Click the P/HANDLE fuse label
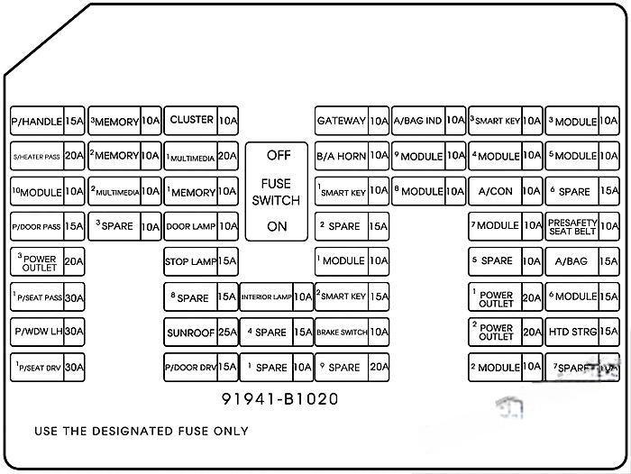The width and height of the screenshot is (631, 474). pyautogui.click(x=37, y=122)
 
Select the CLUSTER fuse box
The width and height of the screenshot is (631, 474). pyautogui.click(x=191, y=120)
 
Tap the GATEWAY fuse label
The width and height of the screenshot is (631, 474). pyautogui.click(x=341, y=121)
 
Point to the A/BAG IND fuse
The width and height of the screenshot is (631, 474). pyautogui.click(x=417, y=121)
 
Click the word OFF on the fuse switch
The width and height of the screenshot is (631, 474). pyautogui.click(x=278, y=155)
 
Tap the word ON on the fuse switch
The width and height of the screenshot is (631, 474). pyautogui.click(x=278, y=226)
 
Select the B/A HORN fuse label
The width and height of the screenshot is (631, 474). pyautogui.click(x=341, y=156)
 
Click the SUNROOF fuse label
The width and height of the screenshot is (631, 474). pyautogui.click(x=190, y=333)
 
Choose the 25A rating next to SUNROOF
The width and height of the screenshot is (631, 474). pyautogui.click(x=227, y=333)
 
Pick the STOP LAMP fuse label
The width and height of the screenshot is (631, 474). pyautogui.click(x=190, y=262)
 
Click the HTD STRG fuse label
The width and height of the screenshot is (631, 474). pyautogui.click(x=572, y=333)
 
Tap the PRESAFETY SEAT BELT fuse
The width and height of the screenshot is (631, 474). pyautogui.click(x=572, y=226)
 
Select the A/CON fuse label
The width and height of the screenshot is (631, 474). pyautogui.click(x=495, y=192)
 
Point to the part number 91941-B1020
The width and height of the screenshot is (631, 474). pyautogui.click(x=280, y=398)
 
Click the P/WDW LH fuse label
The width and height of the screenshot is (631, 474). pyautogui.click(x=37, y=333)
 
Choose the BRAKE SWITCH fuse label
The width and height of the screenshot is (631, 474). pyautogui.click(x=341, y=333)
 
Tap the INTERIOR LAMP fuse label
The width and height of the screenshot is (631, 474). pyautogui.click(x=266, y=297)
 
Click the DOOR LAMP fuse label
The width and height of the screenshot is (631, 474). pyautogui.click(x=190, y=227)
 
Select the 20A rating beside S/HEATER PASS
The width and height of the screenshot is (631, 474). pyautogui.click(x=74, y=156)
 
